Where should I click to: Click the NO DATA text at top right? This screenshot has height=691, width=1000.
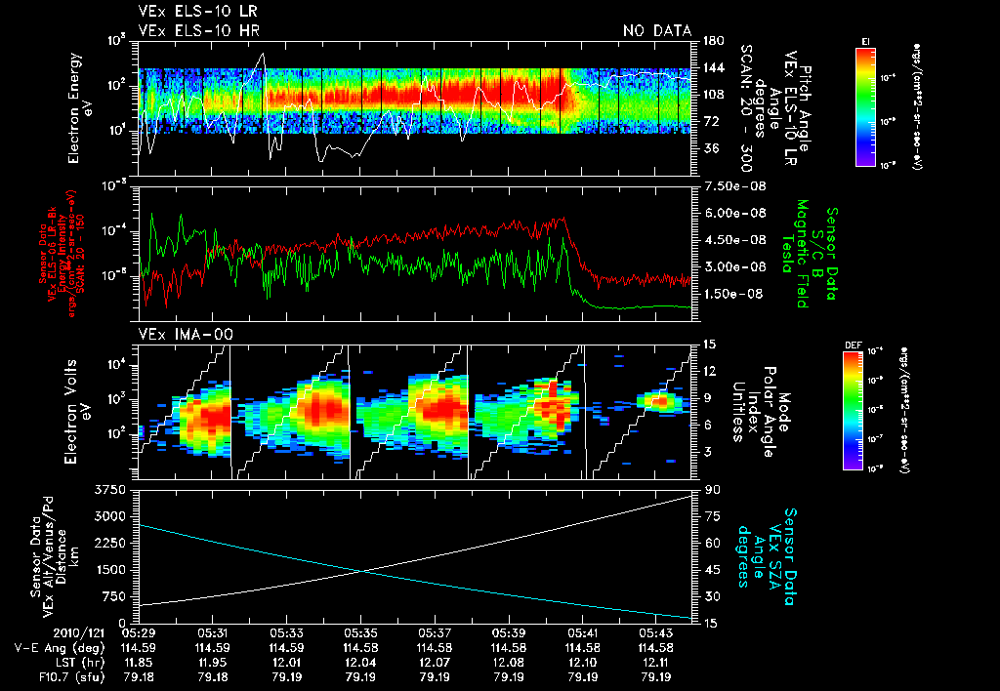[x=656, y=30]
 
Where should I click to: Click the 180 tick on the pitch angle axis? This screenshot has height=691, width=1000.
[x=710, y=40]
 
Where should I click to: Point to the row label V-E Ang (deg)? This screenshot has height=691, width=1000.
[x=55, y=647]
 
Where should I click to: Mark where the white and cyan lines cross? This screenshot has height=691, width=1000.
[x=363, y=572]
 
